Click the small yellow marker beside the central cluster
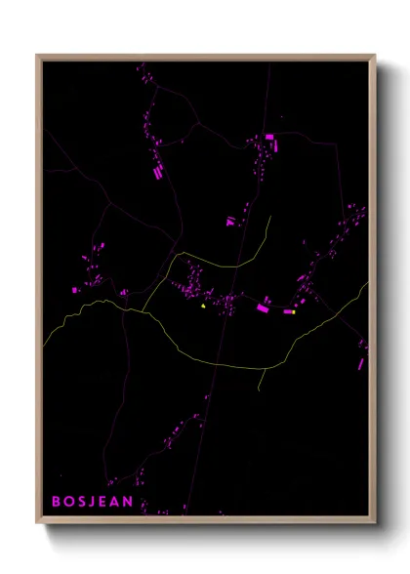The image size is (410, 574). (203, 306)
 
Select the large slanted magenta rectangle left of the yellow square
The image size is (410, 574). (263, 308)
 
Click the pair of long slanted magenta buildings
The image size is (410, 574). (157, 171)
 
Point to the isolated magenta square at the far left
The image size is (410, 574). (75, 290)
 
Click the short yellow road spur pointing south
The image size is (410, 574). (260, 379)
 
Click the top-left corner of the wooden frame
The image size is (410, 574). (38, 56)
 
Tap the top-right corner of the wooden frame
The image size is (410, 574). (375, 56)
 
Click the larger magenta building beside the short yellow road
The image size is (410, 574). (230, 222)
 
